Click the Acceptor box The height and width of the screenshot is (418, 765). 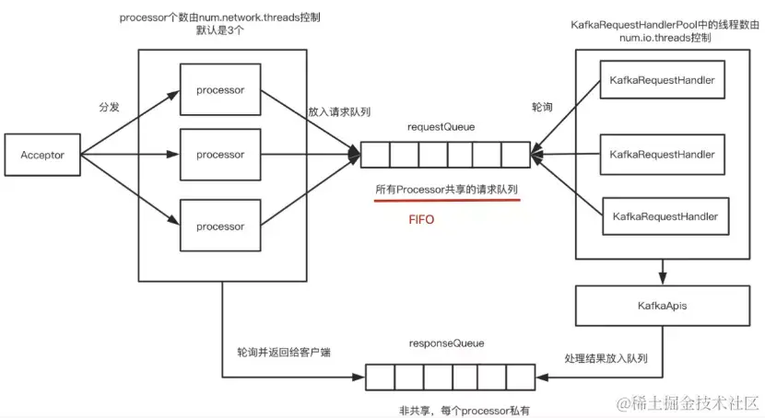point(42,156)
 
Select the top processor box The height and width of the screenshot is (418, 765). point(220,89)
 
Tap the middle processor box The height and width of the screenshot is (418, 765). point(220,155)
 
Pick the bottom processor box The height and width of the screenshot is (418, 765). point(220,226)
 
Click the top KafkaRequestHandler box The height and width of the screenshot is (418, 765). point(662,81)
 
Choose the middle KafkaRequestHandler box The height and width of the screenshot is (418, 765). point(662,155)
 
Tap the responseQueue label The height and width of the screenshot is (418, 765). point(446,343)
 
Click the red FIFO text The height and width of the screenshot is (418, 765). point(421,221)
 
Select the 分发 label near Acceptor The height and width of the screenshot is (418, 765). point(109,107)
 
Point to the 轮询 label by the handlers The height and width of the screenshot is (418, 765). point(543,107)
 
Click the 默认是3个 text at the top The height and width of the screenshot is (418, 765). point(220,30)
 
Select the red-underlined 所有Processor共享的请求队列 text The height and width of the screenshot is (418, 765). point(446,190)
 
